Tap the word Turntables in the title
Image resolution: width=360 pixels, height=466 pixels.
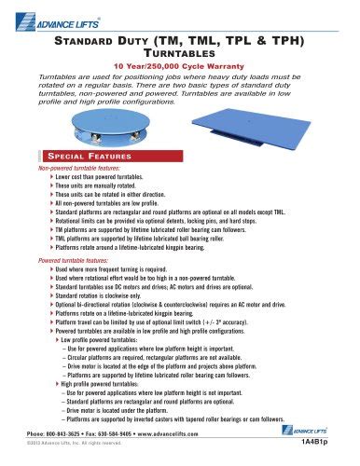179,56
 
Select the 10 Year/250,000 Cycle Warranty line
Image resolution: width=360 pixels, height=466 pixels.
179,68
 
